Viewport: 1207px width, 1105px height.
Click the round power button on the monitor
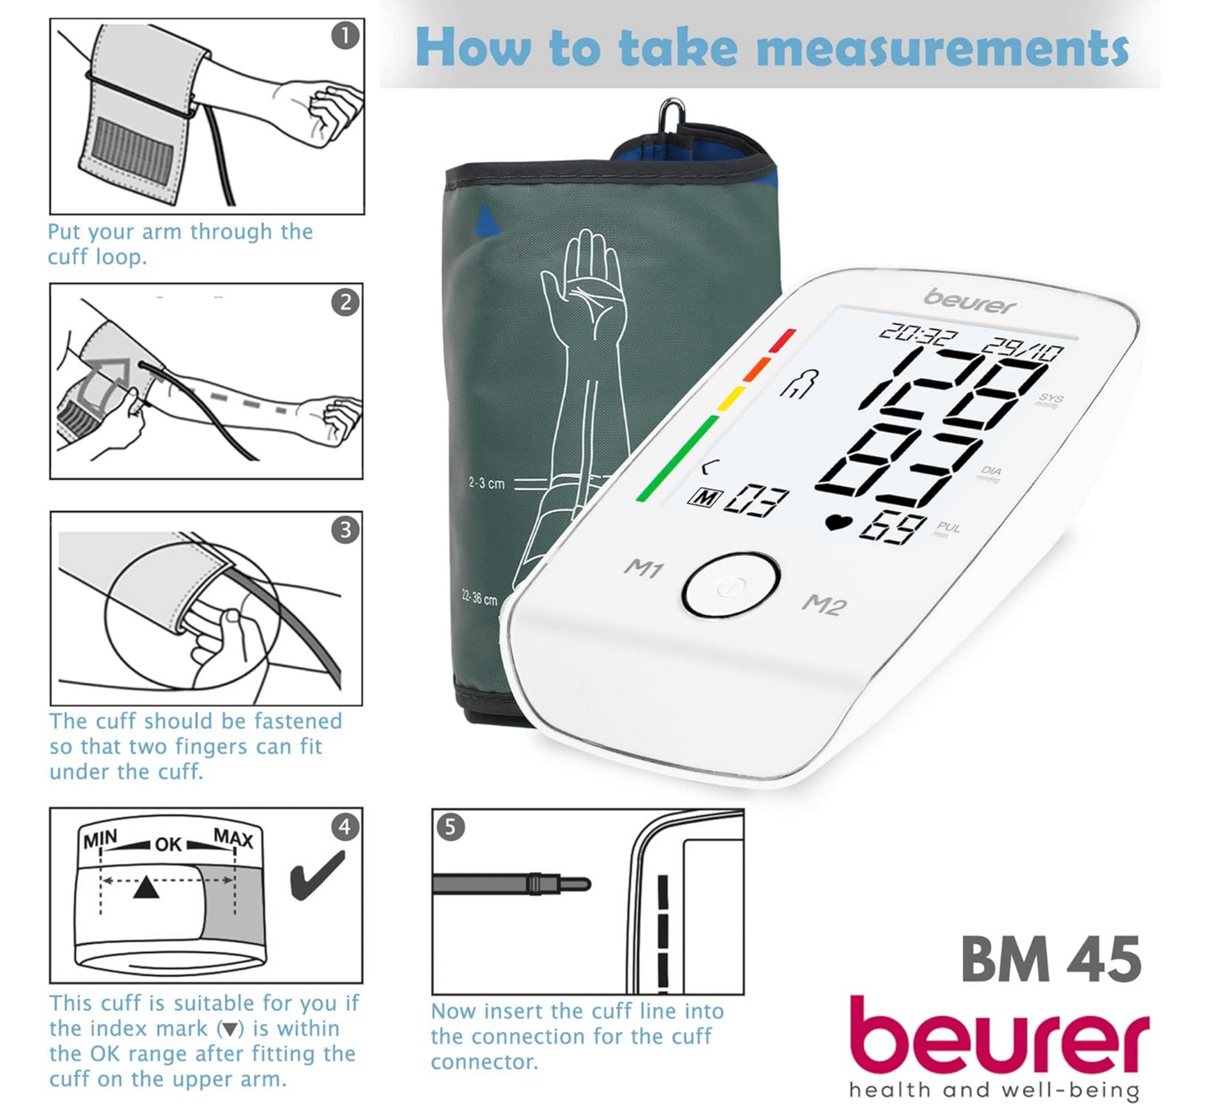coord(730,585)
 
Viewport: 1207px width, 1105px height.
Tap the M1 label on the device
coord(643,569)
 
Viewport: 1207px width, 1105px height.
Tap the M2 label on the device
coord(824,604)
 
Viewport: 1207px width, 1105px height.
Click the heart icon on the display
coord(839,523)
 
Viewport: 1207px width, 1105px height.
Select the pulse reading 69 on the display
coord(893,528)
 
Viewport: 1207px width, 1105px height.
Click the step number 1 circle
coord(345,36)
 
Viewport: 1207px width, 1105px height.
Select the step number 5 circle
coord(450,827)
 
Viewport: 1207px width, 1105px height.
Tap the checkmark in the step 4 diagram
coord(317,875)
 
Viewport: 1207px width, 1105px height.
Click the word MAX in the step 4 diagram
coord(233,838)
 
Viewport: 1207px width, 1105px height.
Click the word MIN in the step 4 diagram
coord(100,839)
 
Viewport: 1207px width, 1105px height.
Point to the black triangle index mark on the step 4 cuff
coord(146,887)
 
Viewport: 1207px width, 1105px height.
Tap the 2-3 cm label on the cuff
coord(486,484)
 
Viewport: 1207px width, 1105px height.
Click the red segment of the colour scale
coord(783,340)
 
